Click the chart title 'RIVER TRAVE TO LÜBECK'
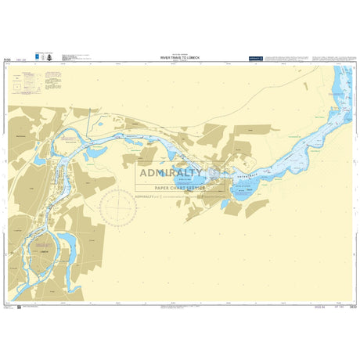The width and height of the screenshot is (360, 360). coord(180,58)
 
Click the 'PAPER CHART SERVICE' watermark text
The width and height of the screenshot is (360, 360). coord(179,189)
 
